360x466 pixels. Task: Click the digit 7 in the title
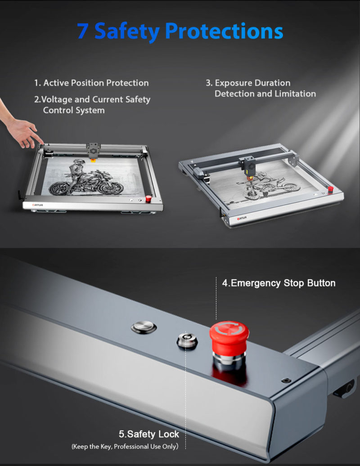tap(83, 31)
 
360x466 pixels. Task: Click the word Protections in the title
tap(224, 31)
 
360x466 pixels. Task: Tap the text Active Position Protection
tap(96, 83)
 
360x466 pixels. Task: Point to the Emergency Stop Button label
tap(279, 283)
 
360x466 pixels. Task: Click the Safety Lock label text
tap(149, 434)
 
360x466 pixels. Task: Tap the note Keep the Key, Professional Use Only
tap(125, 446)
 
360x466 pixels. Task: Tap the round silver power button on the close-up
tap(144, 327)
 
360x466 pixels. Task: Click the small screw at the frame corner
tap(286, 380)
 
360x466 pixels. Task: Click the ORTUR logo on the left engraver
tap(38, 205)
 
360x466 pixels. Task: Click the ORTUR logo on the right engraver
tap(242, 219)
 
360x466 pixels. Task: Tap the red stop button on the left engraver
tap(148, 199)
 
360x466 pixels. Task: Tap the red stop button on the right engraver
tap(331, 189)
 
